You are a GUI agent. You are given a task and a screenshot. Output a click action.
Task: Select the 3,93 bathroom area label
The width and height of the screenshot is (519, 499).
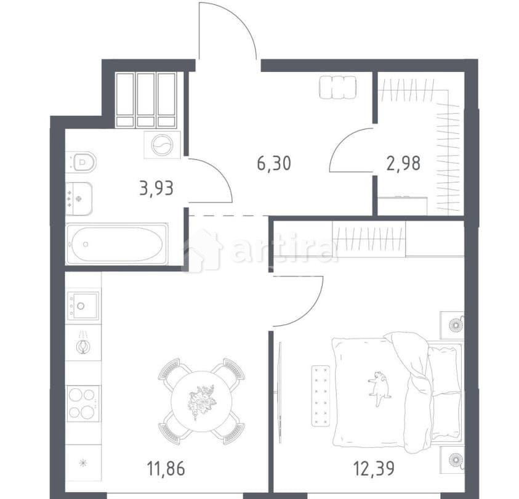coord(156,188)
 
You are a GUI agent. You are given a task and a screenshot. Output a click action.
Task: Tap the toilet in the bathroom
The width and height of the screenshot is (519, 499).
coord(82,162)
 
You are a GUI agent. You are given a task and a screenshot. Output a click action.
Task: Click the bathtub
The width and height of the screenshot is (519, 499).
coord(116,244)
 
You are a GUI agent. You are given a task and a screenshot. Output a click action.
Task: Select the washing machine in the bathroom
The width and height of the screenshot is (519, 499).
coord(162,145)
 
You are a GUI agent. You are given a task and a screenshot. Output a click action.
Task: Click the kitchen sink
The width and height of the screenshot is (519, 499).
coord(82,305)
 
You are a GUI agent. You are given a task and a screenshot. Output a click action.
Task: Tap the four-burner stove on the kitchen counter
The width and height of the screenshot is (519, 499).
coord(83,403)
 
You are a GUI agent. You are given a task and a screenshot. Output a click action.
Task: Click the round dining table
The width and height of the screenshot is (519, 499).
coord(201,400)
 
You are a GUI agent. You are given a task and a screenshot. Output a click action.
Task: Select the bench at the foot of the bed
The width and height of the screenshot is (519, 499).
coord(321,395)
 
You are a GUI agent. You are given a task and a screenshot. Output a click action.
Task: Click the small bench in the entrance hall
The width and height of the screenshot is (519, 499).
coord(338,87)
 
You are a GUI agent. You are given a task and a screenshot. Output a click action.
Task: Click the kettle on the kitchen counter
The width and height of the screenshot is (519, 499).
coord(83,346)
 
